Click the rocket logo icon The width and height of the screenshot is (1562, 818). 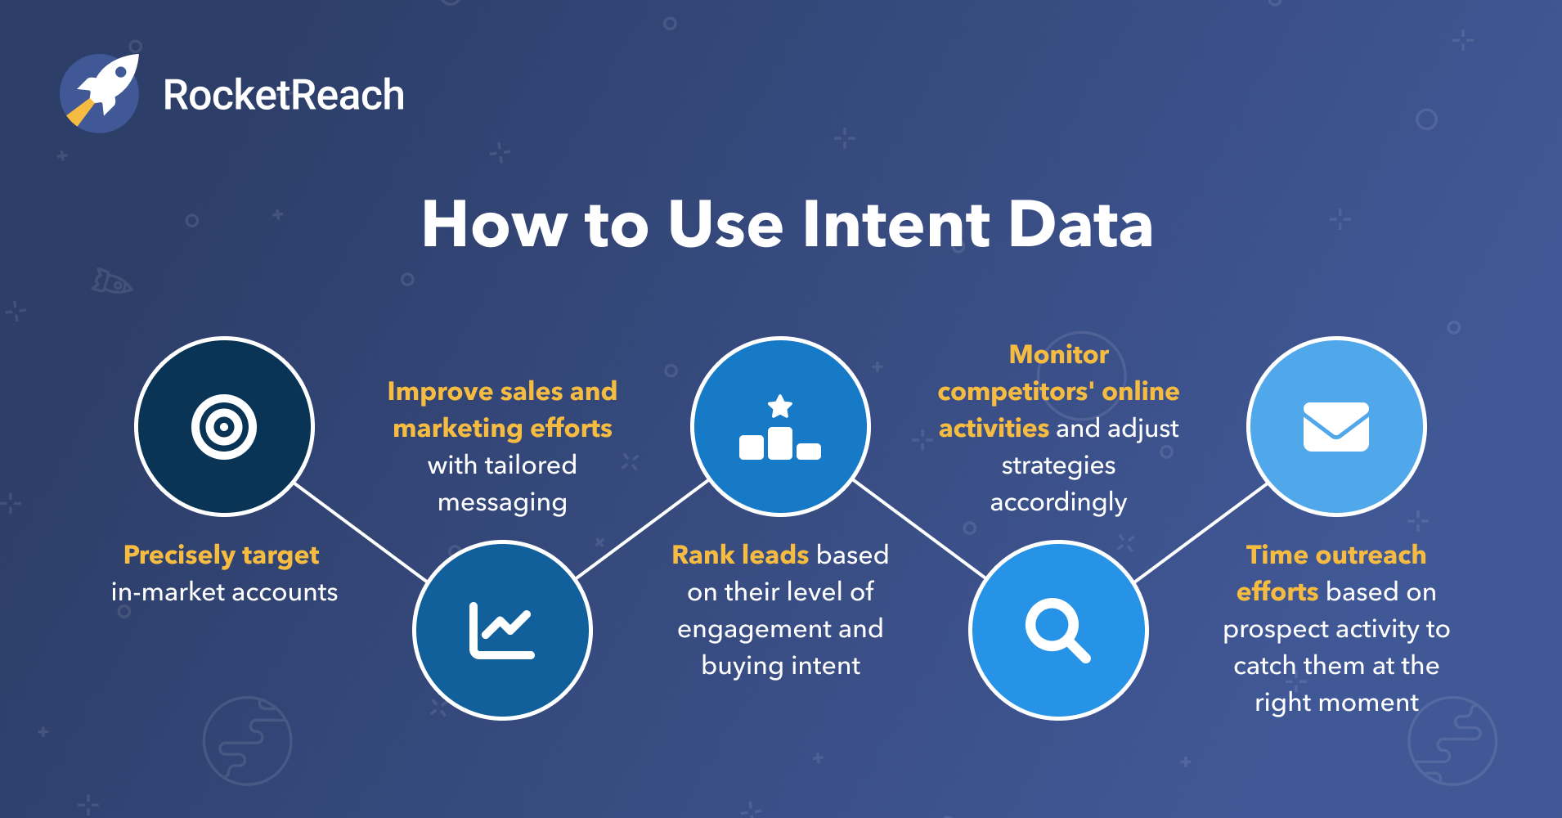100,93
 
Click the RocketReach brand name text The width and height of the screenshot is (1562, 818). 283,95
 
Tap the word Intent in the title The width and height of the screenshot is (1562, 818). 895,224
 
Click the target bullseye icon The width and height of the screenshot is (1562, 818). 224,427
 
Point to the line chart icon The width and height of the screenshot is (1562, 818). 502,631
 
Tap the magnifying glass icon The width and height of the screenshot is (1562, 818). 1057,630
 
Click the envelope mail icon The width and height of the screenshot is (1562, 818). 1335,427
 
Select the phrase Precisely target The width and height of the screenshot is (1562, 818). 221,555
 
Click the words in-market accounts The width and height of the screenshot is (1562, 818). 224,592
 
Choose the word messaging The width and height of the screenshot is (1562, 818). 502,502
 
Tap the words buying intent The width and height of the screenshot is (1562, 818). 780,666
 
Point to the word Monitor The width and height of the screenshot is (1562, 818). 1058,354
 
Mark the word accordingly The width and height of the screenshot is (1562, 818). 1058,502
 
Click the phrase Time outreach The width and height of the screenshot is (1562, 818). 1335,555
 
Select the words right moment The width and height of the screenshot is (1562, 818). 1336,703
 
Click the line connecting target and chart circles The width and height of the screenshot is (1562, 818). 361,532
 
